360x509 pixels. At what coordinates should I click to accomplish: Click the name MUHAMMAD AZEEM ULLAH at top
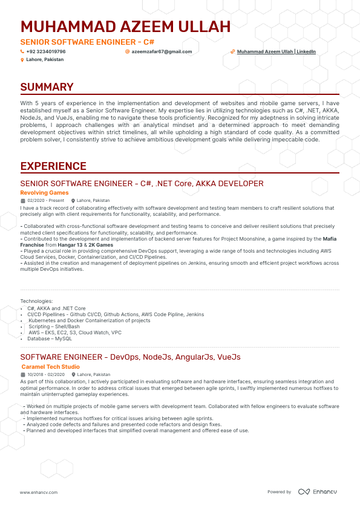(125, 27)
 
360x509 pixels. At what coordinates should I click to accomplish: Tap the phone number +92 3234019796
(46, 52)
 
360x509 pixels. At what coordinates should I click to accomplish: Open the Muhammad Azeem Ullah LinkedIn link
(276, 52)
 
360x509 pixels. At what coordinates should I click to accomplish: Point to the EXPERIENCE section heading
(53, 166)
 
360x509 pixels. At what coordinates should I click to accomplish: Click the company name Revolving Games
(44, 193)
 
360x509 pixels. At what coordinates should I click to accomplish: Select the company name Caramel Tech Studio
(50, 367)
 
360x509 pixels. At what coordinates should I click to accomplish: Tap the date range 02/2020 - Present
(45, 200)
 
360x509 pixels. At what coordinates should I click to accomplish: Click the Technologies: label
(36, 301)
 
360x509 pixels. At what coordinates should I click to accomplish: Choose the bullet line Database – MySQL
(50, 338)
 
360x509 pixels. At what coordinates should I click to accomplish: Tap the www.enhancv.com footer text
(38, 493)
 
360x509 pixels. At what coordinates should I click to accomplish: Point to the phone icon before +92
(22, 52)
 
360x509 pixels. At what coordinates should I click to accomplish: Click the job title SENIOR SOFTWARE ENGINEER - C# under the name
(87, 42)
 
